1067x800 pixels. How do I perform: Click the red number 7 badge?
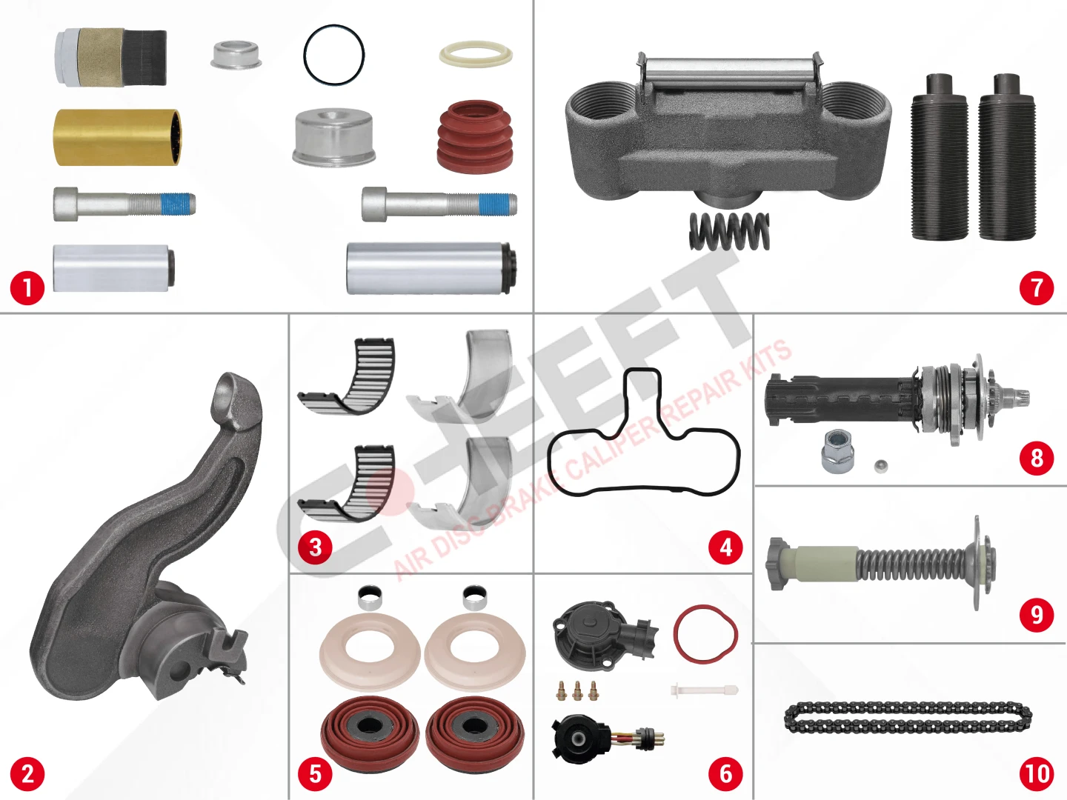pyautogui.click(x=1037, y=288)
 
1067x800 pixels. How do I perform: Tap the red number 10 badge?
pyautogui.click(x=1037, y=774)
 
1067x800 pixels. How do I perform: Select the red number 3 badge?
pyautogui.click(x=316, y=547)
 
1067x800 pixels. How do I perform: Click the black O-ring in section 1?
pyautogui.click(x=333, y=56)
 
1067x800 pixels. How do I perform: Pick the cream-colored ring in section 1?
pyautogui.click(x=476, y=54)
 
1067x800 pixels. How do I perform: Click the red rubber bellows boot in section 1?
pyautogui.click(x=475, y=136)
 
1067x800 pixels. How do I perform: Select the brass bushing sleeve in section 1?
pyautogui.click(x=117, y=138)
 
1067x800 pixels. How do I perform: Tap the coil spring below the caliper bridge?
pyautogui.click(x=728, y=232)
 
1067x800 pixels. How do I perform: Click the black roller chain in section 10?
pyautogui.click(x=908, y=718)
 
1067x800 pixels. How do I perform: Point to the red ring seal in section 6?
pyautogui.click(x=705, y=633)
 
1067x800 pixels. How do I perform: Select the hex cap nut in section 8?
pyautogui.click(x=834, y=452)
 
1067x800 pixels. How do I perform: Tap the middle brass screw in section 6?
pyautogui.click(x=577, y=690)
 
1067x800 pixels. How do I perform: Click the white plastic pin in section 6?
pyautogui.click(x=705, y=690)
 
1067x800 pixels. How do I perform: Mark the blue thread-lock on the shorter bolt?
pyautogui.click(x=175, y=203)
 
